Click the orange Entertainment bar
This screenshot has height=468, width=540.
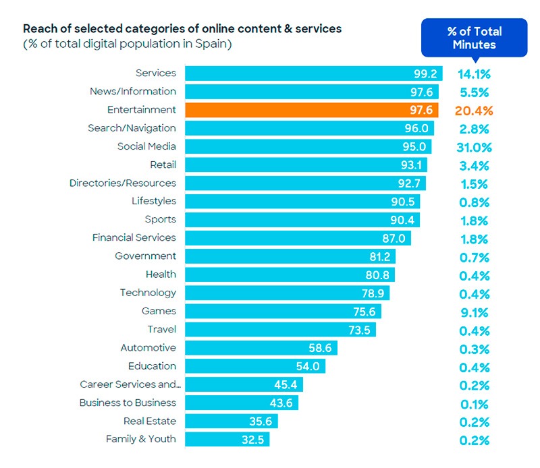(x=311, y=110)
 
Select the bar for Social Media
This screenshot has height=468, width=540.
(x=308, y=146)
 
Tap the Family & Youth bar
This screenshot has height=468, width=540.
(x=227, y=439)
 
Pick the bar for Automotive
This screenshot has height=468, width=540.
(x=261, y=348)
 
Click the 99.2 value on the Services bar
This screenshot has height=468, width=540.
(x=426, y=74)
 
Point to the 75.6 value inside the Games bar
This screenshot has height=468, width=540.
(x=364, y=312)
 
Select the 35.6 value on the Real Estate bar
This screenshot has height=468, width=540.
(x=261, y=421)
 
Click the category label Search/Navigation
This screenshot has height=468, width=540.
(x=132, y=128)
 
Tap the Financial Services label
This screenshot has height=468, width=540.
(x=134, y=237)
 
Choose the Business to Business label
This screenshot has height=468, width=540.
(x=127, y=403)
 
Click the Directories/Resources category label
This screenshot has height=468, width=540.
(x=122, y=183)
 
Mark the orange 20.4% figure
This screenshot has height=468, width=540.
(x=475, y=111)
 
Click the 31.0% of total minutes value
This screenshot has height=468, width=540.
(x=474, y=147)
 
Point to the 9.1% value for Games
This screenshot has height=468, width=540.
(x=474, y=312)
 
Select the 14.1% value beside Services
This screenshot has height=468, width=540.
(x=474, y=74)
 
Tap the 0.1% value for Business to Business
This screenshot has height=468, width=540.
(x=474, y=404)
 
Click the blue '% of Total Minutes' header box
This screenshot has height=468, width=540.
(x=475, y=38)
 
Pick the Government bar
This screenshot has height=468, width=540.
(x=290, y=256)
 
